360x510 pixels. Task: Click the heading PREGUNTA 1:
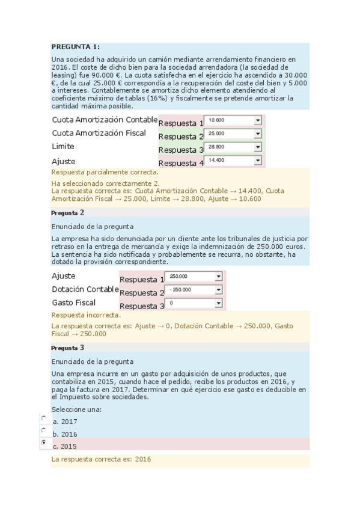click(75, 47)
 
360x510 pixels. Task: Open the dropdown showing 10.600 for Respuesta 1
click(233, 120)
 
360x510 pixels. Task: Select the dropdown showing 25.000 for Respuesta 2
click(233, 134)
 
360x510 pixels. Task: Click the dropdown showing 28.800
click(233, 147)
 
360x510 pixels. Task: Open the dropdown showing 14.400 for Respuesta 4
click(233, 161)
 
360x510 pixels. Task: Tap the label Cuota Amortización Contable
click(105, 119)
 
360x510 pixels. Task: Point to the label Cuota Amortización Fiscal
click(99, 133)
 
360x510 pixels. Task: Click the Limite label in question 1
click(63, 147)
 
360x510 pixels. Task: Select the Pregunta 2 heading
click(68, 212)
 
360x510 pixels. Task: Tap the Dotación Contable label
click(85, 289)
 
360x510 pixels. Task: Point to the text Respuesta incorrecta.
click(86, 315)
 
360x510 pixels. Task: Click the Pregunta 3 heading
click(68, 348)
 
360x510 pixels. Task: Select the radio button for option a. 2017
click(43, 417)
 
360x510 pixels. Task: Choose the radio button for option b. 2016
click(43, 430)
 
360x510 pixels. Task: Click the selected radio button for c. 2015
click(43, 443)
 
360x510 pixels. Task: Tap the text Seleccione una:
click(76, 409)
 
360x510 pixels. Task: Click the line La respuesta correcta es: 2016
click(101, 459)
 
